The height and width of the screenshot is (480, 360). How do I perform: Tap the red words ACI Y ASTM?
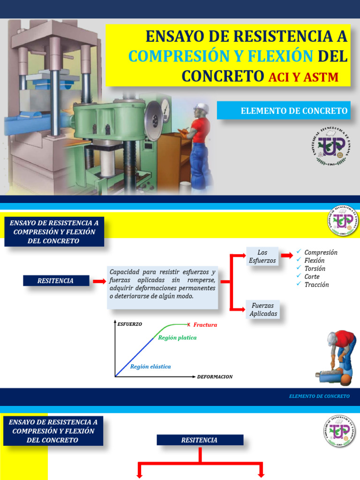(303, 77)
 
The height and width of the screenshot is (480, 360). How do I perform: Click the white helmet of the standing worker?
(201, 107)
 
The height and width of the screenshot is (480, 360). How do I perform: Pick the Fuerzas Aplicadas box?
(263, 309)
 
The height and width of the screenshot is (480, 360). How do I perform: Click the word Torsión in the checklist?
(315, 269)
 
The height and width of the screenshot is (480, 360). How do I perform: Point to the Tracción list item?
(316, 285)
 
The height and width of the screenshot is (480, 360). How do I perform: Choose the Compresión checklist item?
(321, 252)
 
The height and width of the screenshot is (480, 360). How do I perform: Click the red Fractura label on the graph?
(205, 324)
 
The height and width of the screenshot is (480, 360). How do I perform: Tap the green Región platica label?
(177, 337)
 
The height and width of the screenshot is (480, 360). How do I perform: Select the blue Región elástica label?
(150, 367)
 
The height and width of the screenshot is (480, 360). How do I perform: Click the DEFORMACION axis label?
(215, 376)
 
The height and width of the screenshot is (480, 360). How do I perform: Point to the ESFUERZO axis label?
(129, 324)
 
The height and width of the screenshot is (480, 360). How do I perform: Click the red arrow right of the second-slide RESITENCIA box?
(99, 281)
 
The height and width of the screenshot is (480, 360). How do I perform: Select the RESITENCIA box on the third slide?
(200, 440)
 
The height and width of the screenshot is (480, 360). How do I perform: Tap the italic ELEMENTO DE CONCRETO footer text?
(319, 396)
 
